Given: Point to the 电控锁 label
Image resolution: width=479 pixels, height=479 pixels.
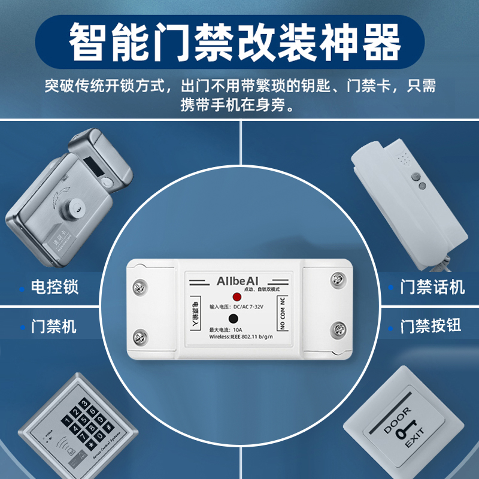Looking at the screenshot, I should pyautogui.click(x=54, y=286).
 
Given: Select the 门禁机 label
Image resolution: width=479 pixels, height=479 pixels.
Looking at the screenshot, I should pyautogui.click(x=54, y=326).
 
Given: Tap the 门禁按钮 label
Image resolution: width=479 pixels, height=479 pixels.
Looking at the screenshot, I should pyautogui.click(x=431, y=326).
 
